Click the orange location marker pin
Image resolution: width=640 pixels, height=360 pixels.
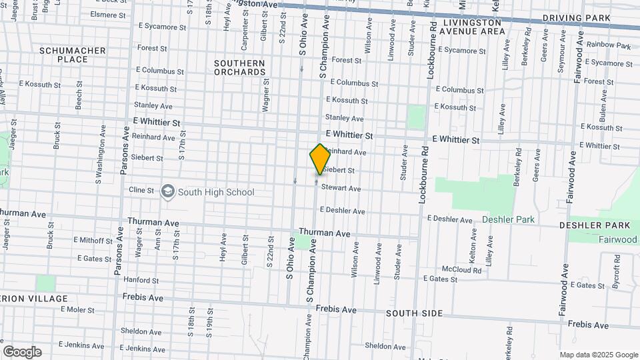click(320, 159)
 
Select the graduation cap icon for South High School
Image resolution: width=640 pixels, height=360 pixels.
click(167, 192)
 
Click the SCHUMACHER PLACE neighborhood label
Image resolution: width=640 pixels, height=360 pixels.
click(73, 55)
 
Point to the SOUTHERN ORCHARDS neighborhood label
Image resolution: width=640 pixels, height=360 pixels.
click(239, 67)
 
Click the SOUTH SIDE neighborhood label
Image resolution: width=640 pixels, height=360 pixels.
click(414, 313)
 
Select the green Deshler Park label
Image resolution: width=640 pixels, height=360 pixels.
click(508, 219)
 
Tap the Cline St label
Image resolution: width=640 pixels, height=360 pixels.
click(141, 191)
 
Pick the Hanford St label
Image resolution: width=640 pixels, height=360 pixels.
click(140, 280)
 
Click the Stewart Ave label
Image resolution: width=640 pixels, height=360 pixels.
click(341, 189)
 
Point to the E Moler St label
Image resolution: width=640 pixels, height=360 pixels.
click(77, 309)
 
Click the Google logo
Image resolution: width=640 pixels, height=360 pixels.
click(22, 352)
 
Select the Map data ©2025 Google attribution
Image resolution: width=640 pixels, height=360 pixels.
click(599, 355)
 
